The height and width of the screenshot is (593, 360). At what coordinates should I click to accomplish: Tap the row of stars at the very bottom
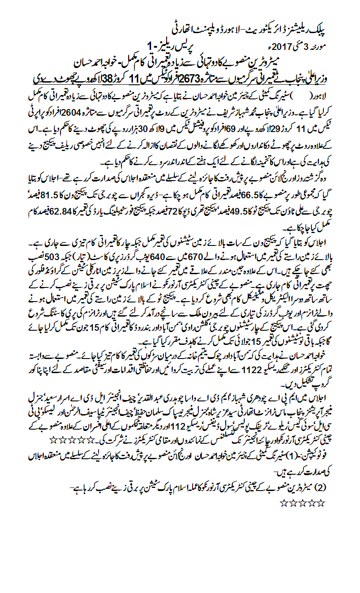[x=302, y=502]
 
